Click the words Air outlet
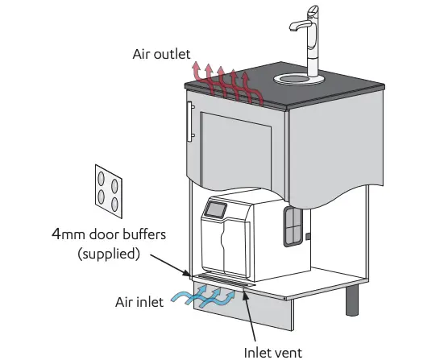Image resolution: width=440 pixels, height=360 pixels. [162, 55]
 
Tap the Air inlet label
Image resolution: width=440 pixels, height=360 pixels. [139, 302]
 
